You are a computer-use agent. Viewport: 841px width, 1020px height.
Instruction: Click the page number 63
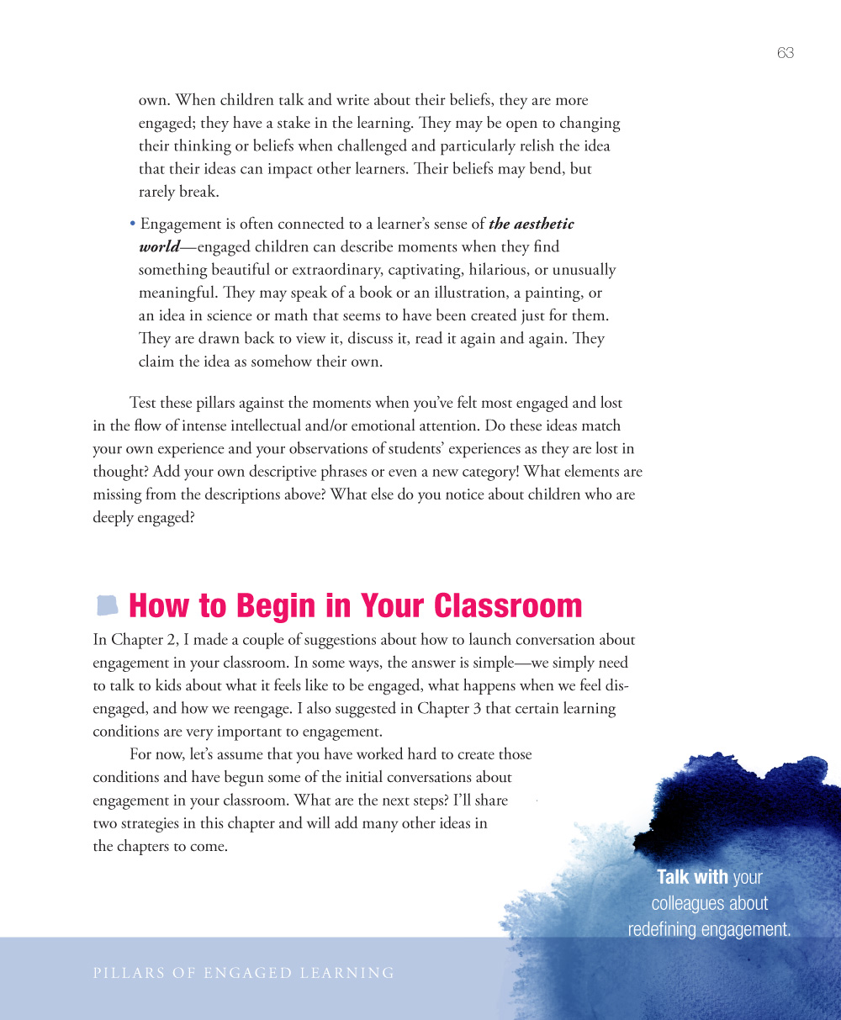click(785, 53)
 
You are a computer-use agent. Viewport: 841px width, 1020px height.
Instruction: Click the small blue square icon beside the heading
click(107, 605)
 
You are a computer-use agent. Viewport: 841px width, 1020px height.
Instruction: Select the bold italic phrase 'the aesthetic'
click(532, 225)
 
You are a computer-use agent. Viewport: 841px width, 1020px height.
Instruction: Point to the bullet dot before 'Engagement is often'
click(133, 225)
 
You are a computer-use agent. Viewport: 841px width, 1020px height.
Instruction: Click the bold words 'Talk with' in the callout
click(692, 877)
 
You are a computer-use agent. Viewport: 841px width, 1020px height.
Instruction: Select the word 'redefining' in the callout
click(666, 929)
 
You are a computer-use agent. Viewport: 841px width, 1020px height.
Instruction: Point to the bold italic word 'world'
click(159, 247)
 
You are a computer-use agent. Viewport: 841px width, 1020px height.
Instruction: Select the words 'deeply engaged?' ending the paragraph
click(144, 517)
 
